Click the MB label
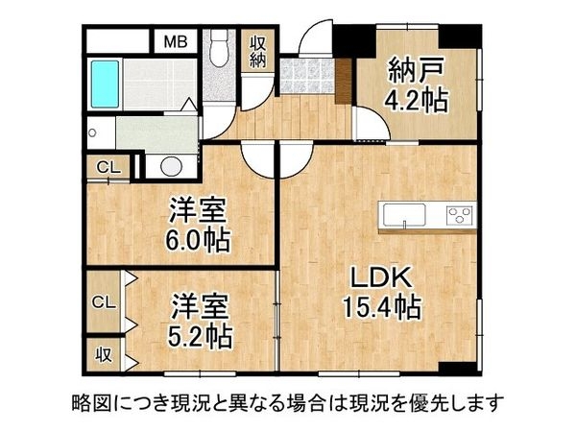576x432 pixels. tap(175, 41)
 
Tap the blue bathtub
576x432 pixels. tap(103, 84)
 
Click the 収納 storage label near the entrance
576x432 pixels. tap(259, 54)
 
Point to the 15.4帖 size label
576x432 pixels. tap(381, 308)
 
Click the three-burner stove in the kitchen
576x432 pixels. tap(459, 215)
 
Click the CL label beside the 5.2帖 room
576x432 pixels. tap(103, 301)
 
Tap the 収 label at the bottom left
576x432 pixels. tap(103, 354)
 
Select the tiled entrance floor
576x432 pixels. tap(307, 75)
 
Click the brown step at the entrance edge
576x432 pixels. tap(342, 81)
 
